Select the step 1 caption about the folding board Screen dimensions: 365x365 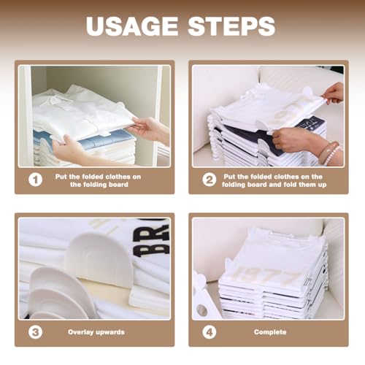tap(96, 180)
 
